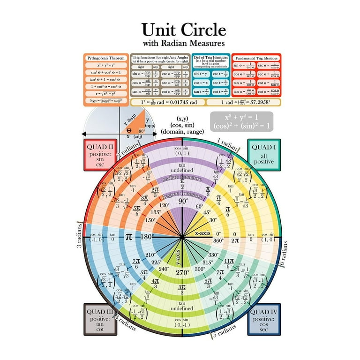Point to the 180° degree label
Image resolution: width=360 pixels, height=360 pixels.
[x=147, y=237]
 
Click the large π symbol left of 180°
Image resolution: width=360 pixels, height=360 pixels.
[x=129, y=236]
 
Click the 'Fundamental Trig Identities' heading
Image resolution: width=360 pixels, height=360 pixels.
[x=256, y=58]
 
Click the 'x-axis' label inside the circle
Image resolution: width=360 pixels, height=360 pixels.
[x=203, y=233]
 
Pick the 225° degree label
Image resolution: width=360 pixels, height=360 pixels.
[x=156, y=262]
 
